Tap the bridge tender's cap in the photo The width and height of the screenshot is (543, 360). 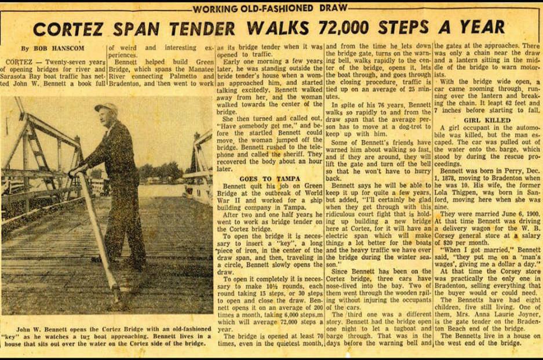pyautogui.click(x=107, y=106)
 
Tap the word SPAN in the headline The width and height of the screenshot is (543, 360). pyautogui.click(x=137, y=28)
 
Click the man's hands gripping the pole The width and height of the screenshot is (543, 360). pyautogui.click(x=76, y=170)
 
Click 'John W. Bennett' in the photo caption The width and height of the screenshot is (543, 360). pyautogui.click(x=46, y=321)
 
